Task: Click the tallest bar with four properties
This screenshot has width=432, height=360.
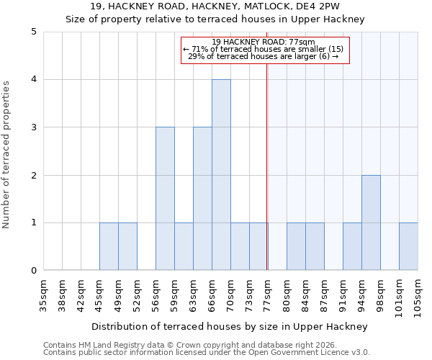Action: click(221, 175)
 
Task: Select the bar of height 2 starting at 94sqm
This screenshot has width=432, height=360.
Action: click(371, 222)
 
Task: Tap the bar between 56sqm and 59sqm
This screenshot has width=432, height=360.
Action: click(165, 199)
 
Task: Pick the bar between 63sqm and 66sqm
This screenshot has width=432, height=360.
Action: click(202, 199)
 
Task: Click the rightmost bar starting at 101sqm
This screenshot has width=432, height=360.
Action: click(408, 246)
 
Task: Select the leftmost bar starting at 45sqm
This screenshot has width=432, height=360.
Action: click(109, 246)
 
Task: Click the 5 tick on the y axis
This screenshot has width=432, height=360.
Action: click(33, 32)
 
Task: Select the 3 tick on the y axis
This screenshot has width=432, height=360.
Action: click(33, 127)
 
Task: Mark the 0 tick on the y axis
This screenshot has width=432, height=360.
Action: click(33, 271)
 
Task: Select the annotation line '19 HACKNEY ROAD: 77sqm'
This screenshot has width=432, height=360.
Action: click(264, 42)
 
